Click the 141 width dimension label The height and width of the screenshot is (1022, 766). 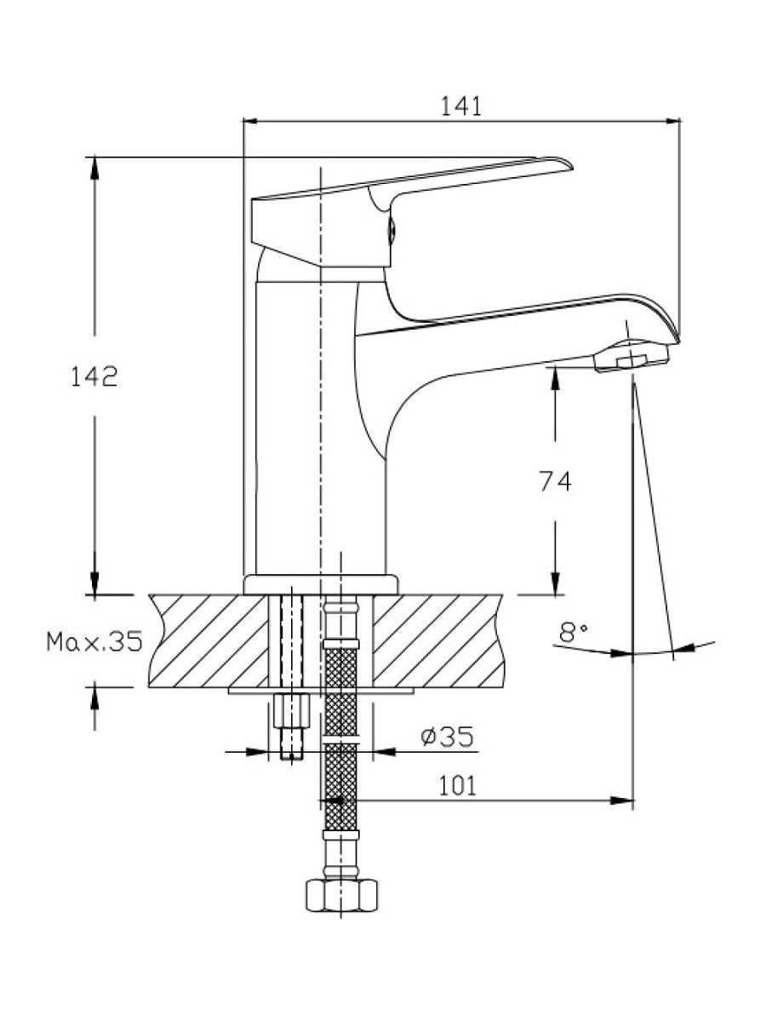click(461, 106)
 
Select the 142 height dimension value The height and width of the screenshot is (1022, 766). click(94, 376)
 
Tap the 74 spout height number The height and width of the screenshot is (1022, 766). click(555, 481)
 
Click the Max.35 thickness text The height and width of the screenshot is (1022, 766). click(94, 642)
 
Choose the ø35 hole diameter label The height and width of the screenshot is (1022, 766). click(447, 737)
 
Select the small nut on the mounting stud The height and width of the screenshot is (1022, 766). click(292, 711)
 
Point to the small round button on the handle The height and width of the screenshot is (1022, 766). click(392, 231)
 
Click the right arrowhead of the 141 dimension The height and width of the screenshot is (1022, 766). click(673, 122)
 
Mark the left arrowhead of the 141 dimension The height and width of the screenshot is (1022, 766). click(251, 122)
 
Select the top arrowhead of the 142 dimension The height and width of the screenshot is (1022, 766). click(94, 169)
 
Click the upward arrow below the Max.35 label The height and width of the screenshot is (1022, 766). click(94, 698)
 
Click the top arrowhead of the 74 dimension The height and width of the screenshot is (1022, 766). click(555, 378)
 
